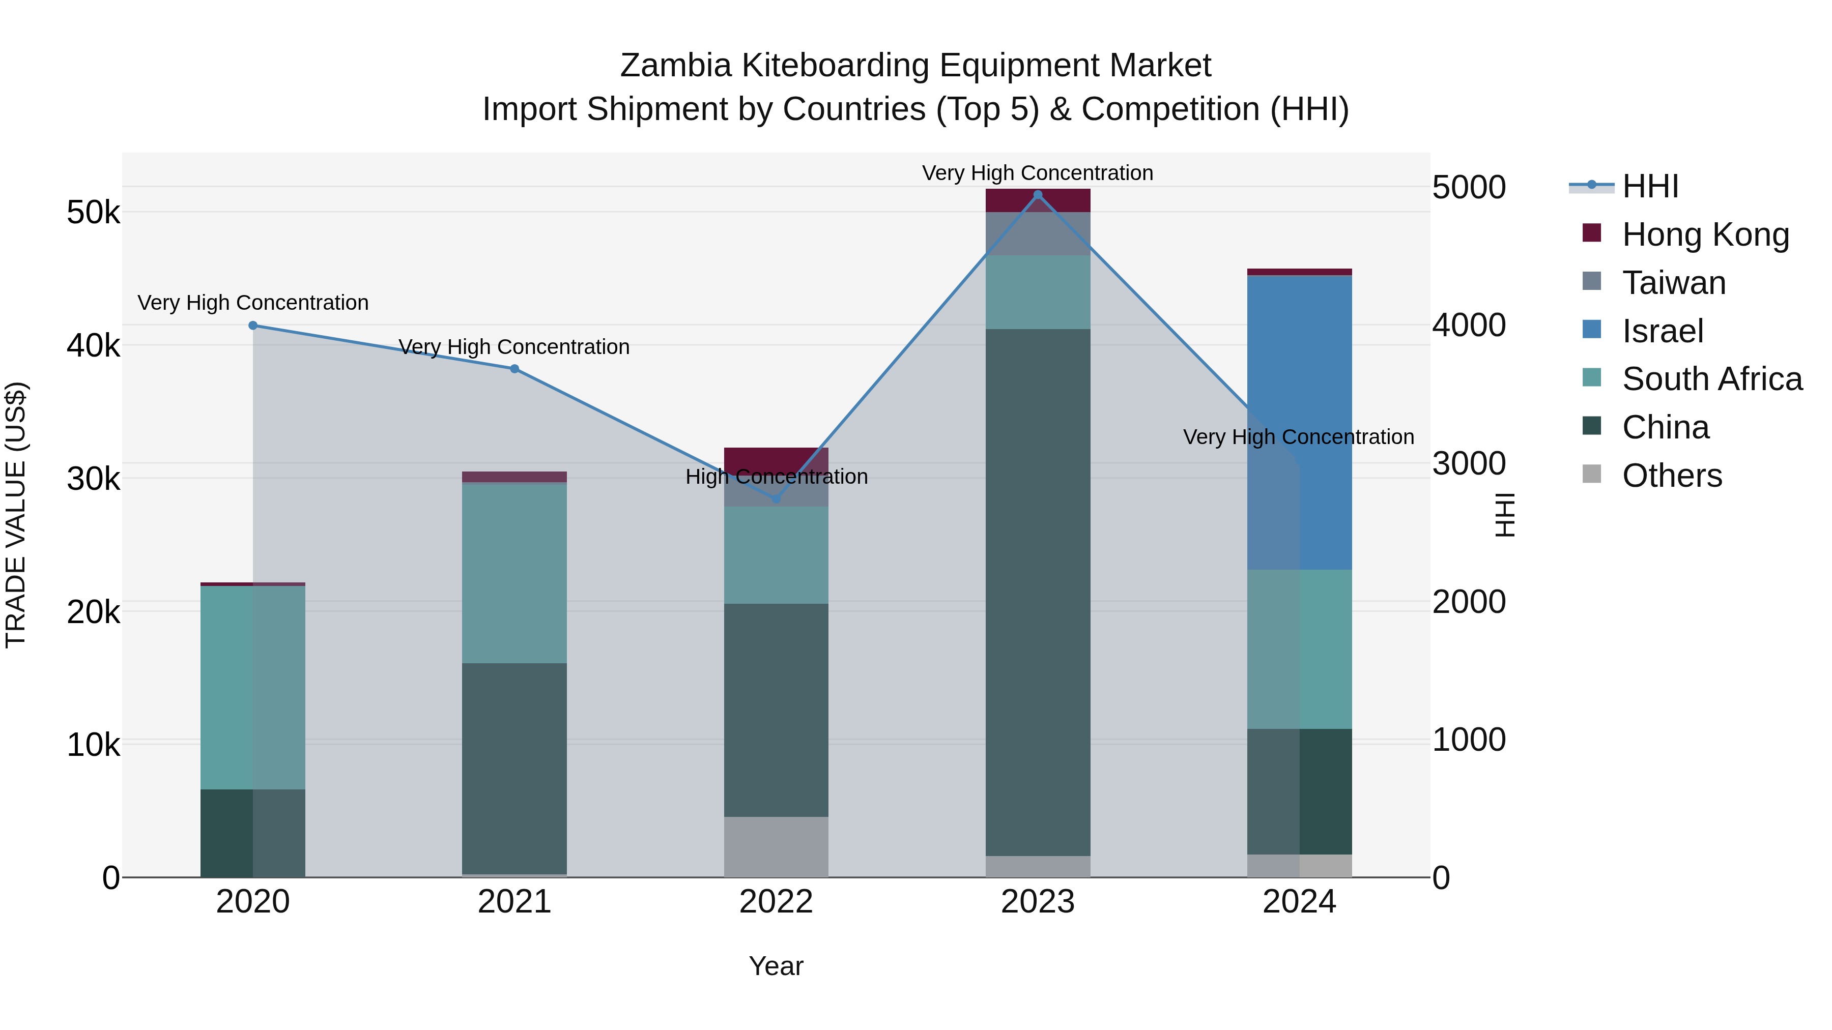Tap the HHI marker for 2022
(776, 499)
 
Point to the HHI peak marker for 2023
(1038, 195)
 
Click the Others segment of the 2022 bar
(776, 846)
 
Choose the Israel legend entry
(1663, 331)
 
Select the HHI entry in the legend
(1650, 186)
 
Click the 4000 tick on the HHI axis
(1469, 326)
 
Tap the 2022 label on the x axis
(776, 902)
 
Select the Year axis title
(776, 966)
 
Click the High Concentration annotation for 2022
(776, 476)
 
